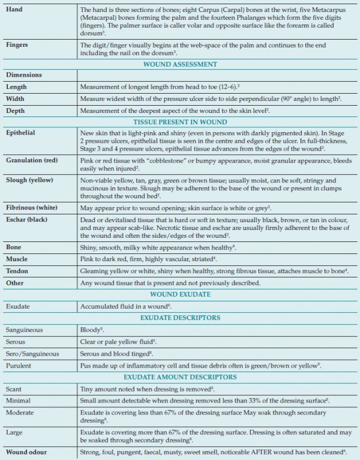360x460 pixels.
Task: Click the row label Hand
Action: click(x=14, y=10)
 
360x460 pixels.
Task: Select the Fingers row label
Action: click(x=17, y=44)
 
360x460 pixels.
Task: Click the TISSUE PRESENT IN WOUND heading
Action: click(x=179, y=121)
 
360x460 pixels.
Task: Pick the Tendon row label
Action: click(x=17, y=271)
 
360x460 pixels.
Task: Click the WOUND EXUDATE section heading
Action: click(x=179, y=294)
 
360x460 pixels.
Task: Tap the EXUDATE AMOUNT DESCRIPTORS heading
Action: click(x=179, y=377)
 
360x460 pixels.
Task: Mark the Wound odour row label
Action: click(x=28, y=451)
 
